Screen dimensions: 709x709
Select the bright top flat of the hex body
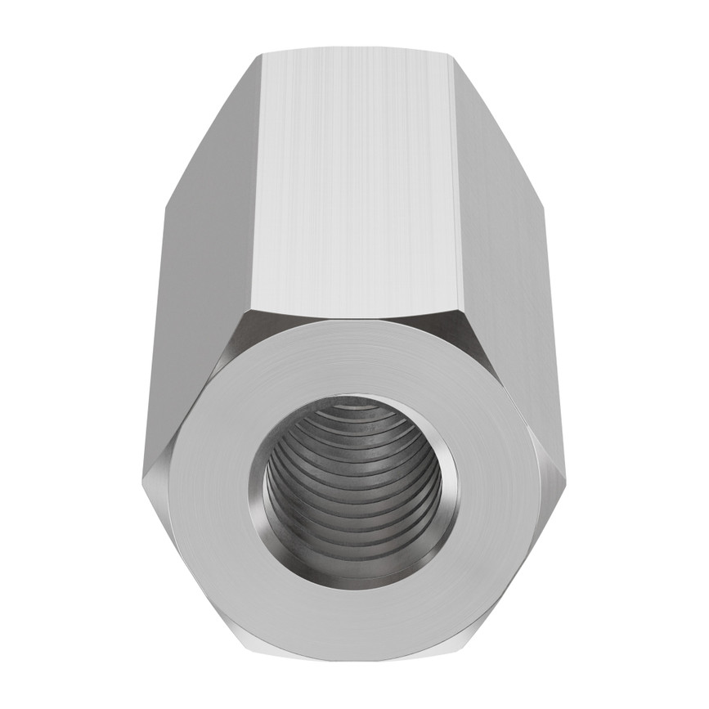click(355, 180)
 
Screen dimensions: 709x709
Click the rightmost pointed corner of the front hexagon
click(565, 478)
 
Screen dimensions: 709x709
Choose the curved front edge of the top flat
click(355, 316)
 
